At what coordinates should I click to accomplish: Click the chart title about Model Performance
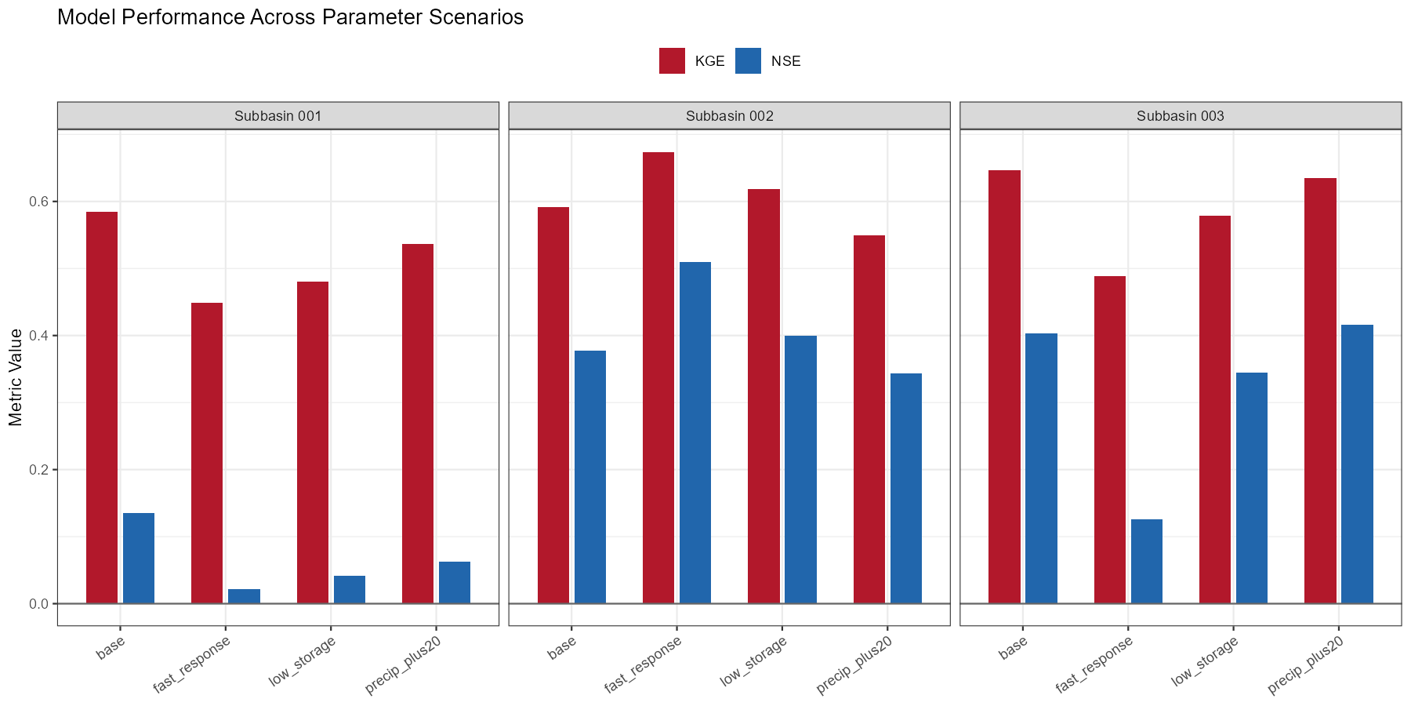pyautogui.click(x=290, y=17)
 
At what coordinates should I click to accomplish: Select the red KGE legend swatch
pyautogui.click(x=672, y=61)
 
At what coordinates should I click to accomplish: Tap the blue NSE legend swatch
pyautogui.click(x=748, y=61)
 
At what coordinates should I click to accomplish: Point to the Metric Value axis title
pyautogui.click(x=16, y=377)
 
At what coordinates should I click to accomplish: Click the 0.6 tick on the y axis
pyautogui.click(x=38, y=202)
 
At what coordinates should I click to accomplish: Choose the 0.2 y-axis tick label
pyautogui.click(x=38, y=470)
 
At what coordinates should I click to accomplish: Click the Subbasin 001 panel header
pyautogui.click(x=277, y=116)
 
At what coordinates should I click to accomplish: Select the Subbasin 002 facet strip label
pyautogui.click(x=729, y=116)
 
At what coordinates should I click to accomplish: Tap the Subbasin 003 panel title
pyautogui.click(x=1180, y=116)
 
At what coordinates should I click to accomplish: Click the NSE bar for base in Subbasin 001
pyautogui.click(x=139, y=558)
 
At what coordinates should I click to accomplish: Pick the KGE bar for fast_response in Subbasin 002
pyautogui.click(x=658, y=377)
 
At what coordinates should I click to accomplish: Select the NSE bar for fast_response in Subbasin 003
pyautogui.click(x=1146, y=561)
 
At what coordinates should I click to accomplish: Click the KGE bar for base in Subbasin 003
pyautogui.click(x=1004, y=387)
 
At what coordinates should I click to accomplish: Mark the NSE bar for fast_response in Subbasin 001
pyautogui.click(x=244, y=596)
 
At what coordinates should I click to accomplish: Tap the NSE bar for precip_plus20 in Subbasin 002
pyautogui.click(x=906, y=488)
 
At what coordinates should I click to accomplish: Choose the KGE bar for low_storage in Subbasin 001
pyautogui.click(x=313, y=442)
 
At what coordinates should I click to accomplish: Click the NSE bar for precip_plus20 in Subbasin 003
pyautogui.click(x=1357, y=464)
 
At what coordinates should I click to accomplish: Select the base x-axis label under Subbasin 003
pyautogui.click(x=1013, y=648)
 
